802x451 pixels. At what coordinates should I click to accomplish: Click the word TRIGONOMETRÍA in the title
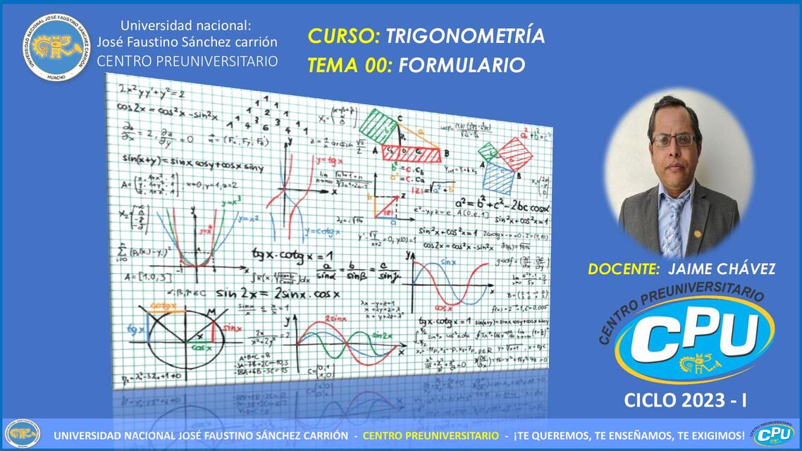(466, 36)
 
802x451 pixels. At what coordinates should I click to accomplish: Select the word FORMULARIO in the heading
(462, 66)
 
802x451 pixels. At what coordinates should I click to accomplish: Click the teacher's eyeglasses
(674, 140)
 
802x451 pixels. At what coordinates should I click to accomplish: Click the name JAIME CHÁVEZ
(721, 269)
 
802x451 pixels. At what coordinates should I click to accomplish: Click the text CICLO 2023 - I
(686, 401)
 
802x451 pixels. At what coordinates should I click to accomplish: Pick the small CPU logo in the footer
(773, 434)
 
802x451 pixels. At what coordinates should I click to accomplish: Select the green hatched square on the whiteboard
(378, 128)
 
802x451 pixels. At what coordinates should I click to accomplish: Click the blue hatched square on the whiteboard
(499, 178)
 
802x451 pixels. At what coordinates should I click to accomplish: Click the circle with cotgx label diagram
(180, 332)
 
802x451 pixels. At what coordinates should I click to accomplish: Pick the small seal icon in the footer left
(21, 435)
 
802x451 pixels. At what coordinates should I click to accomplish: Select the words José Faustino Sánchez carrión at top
(187, 42)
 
